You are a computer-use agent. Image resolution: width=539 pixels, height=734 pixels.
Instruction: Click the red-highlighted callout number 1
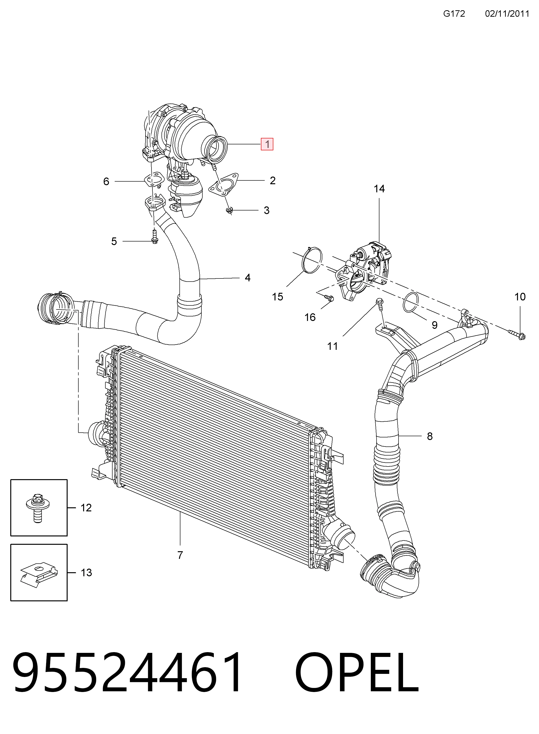click(x=267, y=144)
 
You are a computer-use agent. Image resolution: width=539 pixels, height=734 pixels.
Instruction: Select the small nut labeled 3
click(x=229, y=210)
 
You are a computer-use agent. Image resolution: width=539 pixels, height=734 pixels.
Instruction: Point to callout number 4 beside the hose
click(x=248, y=278)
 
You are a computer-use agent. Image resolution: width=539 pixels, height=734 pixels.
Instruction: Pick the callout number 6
click(x=106, y=181)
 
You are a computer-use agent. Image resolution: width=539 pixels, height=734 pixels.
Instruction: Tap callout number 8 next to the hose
click(x=430, y=436)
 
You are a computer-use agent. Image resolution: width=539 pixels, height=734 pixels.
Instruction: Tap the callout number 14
click(x=379, y=189)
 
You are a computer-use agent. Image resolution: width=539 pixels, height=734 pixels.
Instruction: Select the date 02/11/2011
click(x=507, y=13)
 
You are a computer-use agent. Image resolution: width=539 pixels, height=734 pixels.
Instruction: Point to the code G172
click(x=454, y=13)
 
